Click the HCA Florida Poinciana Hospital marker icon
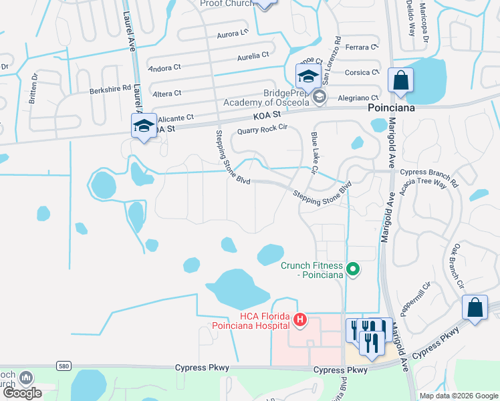[300, 321]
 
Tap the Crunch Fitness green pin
[354, 270]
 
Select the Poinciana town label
[392, 108]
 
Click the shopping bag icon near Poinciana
[400, 81]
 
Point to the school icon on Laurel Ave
[144, 126]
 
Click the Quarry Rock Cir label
[261, 129]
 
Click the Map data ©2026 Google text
[458, 396]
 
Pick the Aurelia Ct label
[253, 56]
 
